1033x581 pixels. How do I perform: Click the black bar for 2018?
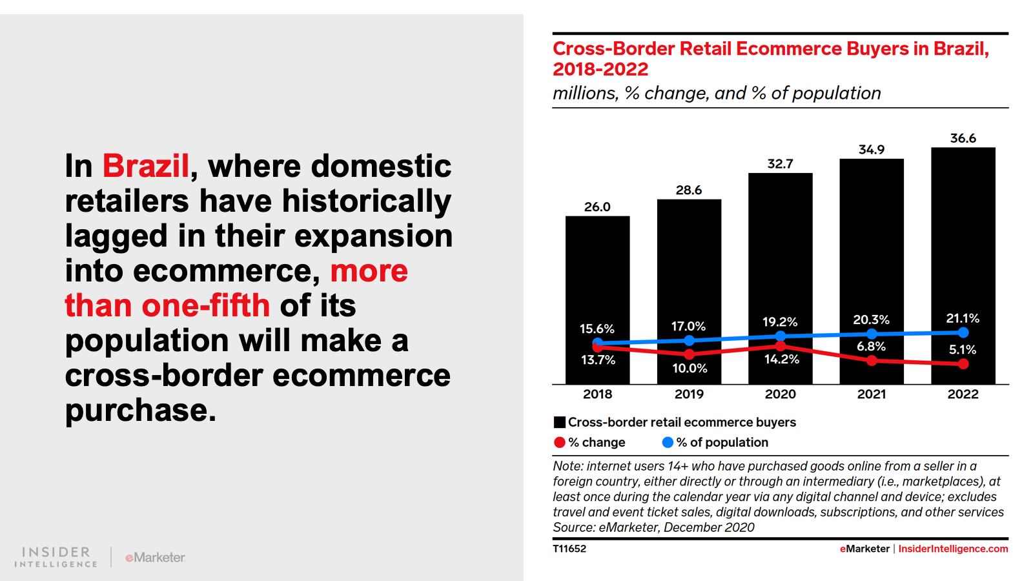[x=597, y=271]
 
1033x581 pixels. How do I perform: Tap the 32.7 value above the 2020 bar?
[x=780, y=164]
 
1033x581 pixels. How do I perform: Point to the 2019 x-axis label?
[x=689, y=394]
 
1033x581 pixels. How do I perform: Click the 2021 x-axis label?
[x=871, y=394]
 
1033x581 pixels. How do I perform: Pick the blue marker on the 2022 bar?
[x=963, y=332]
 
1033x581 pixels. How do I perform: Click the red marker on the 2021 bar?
[x=872, y=360]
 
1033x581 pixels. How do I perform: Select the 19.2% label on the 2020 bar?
[x=780, y=321]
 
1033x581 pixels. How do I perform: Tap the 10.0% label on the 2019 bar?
[x=690, y=369]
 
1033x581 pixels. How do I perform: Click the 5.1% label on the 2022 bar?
[x=963, y=350]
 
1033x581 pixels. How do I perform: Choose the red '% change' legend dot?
[x=560, y=442]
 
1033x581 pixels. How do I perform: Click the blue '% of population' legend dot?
[x=668, y=442]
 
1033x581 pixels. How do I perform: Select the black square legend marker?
[x=560, y=422]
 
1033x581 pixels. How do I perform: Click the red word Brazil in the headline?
[x=146, y=167]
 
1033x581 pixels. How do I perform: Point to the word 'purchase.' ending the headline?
[x=141, y=411]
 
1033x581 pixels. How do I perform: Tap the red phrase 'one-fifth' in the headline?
[x=205, y=305]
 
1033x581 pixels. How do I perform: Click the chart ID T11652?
[x=569, y=549]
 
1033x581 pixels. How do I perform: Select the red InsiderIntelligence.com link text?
[x=953, y=549]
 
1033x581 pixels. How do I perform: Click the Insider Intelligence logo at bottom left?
[x=56, y=556]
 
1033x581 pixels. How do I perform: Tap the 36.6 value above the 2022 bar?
[x=963, y=138]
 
